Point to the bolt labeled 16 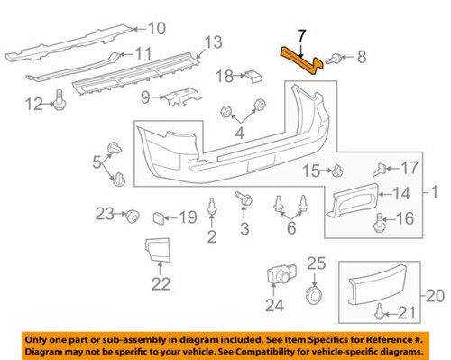[380, 219]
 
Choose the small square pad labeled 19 [159, 217]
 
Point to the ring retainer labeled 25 [316, 295]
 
